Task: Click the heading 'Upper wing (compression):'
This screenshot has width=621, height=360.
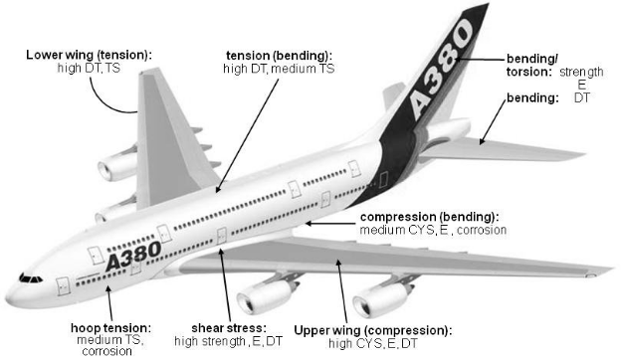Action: [x=373, y=328]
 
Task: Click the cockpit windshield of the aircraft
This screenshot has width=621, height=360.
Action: [x=30, y=278]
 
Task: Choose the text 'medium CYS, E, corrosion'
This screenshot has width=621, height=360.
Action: [x=433, y=230]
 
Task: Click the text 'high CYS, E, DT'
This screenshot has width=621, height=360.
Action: [x=374, y=342]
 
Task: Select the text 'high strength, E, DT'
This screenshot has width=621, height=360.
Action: [x=231, y=341]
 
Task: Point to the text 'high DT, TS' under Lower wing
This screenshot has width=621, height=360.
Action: [x=89, y=69]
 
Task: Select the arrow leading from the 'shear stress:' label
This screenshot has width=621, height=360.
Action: [x=225, y=288]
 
